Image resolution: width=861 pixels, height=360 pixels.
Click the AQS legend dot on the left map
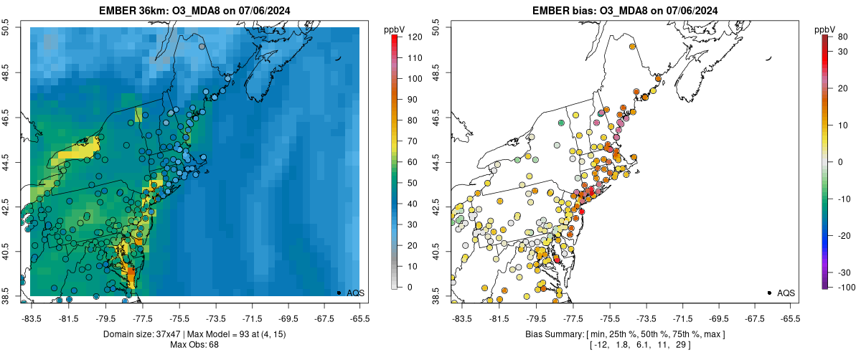(x=339, y=293)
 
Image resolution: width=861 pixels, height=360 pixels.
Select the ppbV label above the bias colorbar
(x=825, y=29)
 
